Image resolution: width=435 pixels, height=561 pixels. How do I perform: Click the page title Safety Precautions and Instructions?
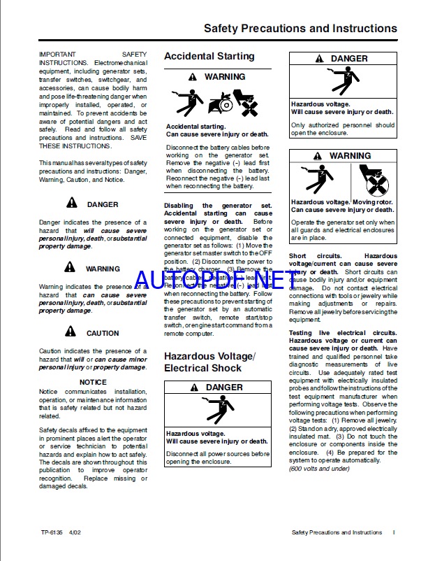300,29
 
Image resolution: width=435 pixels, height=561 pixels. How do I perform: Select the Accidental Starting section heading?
209,56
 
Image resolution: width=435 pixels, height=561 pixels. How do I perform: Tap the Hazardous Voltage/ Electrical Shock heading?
209,362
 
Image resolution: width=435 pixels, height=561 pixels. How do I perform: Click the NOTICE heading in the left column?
93,382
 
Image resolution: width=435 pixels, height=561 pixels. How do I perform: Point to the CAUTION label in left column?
103,333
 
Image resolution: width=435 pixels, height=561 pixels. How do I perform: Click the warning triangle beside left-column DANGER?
72,204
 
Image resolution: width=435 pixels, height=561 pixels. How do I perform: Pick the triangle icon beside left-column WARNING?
70,267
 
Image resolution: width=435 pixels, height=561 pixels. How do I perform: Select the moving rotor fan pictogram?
373,180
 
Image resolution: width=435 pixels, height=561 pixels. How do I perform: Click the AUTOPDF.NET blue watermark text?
221,280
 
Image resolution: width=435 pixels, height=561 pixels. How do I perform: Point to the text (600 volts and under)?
318,469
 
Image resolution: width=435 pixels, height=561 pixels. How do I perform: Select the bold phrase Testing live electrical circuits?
335,333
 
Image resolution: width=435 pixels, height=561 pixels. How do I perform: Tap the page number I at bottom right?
394,532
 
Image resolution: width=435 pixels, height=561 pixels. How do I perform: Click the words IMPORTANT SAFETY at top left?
93,54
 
